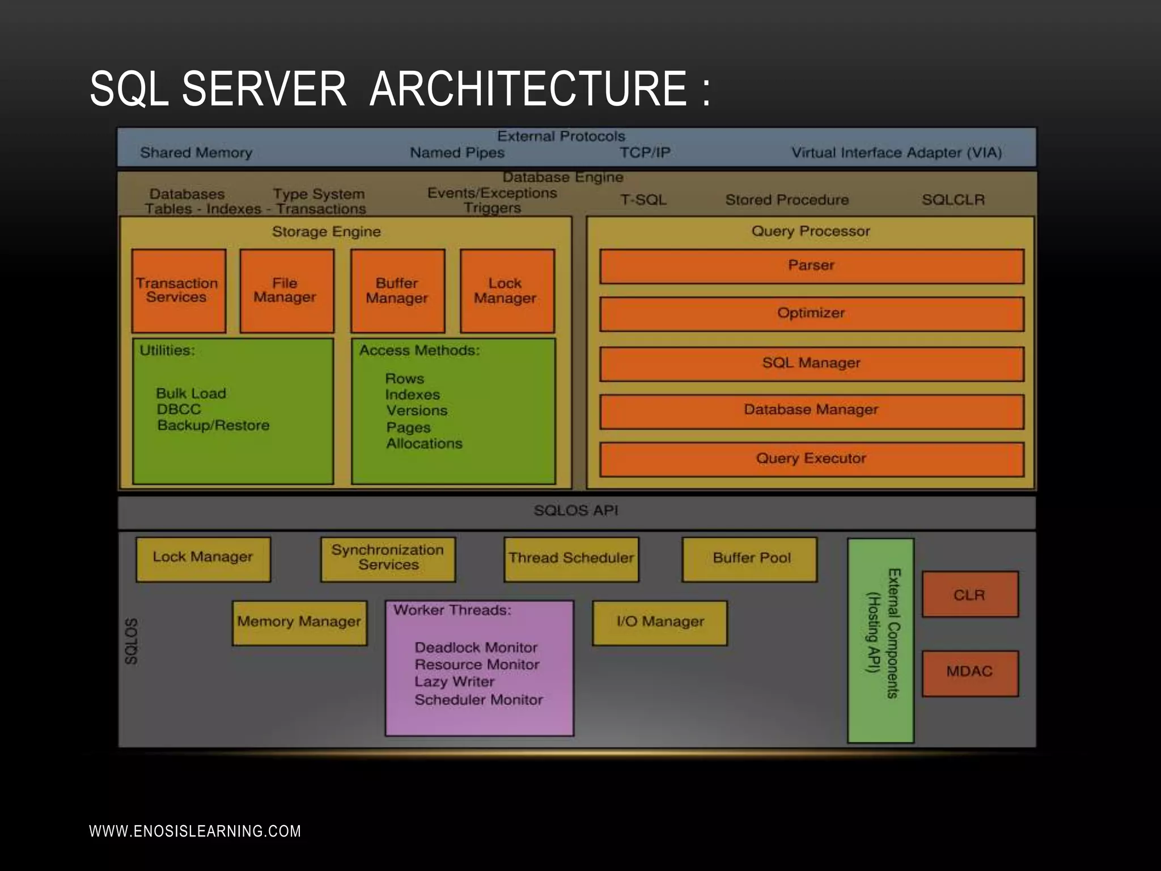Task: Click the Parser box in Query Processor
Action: pyautogui.click(x=811, y=266)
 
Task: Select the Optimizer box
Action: pyautogui.click(x=811, y=314)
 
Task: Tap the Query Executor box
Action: pyautogui.click(x=811, y=459)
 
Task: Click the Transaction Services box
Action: pyautogui.click(x=179, y=290)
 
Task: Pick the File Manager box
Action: pyautogui.click(x=286, y=290)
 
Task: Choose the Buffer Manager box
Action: pyautogui.click(x=397, y=290)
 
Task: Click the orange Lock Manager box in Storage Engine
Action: pyautogui.click(x=507, y=290)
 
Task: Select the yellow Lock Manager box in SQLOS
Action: pyautogui.click(x=203, y=559)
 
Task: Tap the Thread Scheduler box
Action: pyautogui.click(x=571, y=559)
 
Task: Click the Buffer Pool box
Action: pyautogui.click(x=749, y=559)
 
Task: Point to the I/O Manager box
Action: pyautogui.click(x=659, y=623)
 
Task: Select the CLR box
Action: pyautogui.click(x=969, y=594)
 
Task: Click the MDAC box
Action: pyautogui.click(x=969, y=673)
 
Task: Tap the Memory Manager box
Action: pyautogui.click(x=299, y=623)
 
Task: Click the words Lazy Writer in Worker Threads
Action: pyautogui.click(x=454, y=682)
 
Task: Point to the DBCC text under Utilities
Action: pyautogui.click(x=179, y=409)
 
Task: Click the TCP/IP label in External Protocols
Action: pyautogui.click(x=645, y=153)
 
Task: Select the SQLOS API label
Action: pyautogui.click(x=576, y=511)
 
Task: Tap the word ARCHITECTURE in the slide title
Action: pyautogui.click(x=528, y=88)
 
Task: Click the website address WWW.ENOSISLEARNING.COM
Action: pyautogui.click(x=195, y=831)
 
